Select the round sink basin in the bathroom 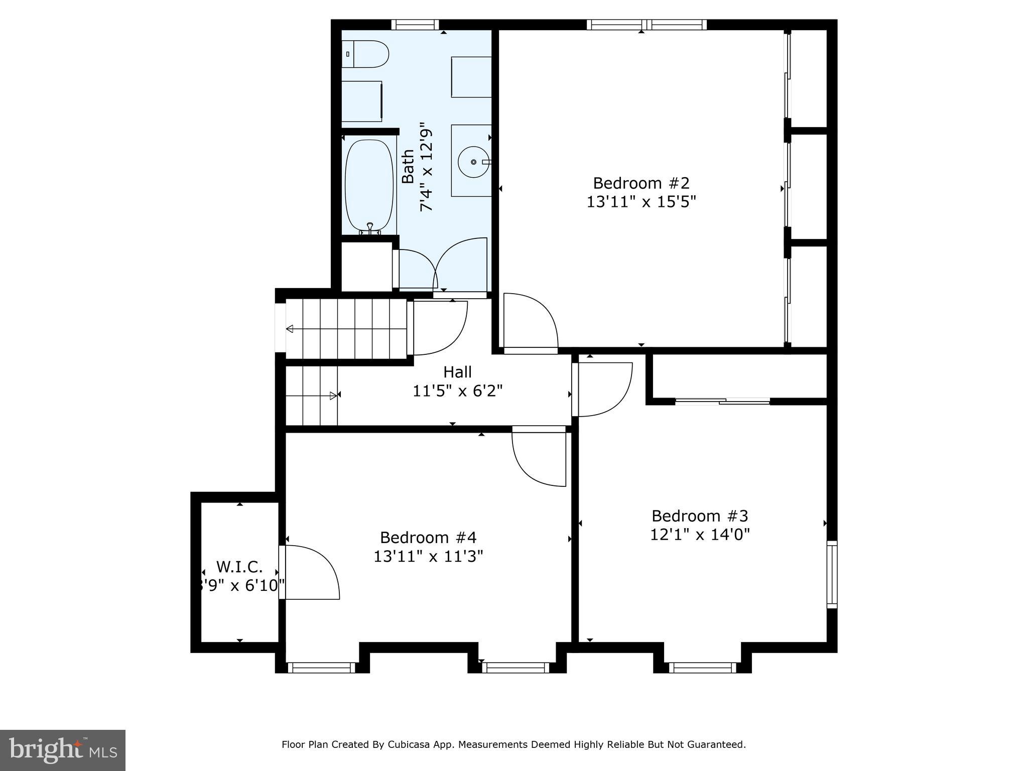coord(473,162)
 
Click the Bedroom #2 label coord(641,182)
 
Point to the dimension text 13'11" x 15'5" coord(641,202)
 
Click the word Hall coord(457,372)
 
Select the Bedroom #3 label coord(699,516)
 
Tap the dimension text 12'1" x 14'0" coord(699,535)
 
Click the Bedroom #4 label coord(428,538)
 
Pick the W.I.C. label coord(239,567)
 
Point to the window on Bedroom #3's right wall coord(832,574)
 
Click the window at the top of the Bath coord(415,25)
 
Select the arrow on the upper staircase coord(290,329)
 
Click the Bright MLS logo coord(63,750)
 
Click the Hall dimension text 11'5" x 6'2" coord(457,391)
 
